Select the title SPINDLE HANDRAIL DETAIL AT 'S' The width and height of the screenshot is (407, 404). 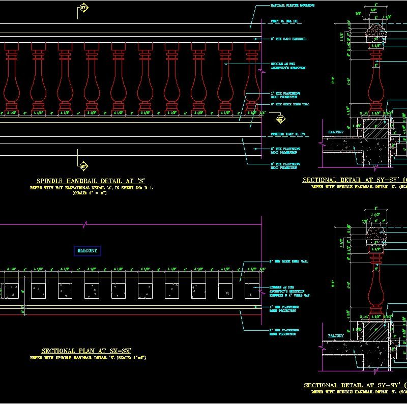(x=91, y=181)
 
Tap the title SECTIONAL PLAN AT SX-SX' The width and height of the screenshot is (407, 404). (x=86, y=351)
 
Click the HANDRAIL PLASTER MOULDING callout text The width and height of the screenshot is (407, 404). (x=292, y=5)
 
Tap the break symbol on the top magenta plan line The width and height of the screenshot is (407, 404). (x=86, y=223)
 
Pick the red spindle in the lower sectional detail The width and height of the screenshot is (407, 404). (x=376, y=285)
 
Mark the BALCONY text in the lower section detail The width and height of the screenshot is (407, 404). (x=336, y=336)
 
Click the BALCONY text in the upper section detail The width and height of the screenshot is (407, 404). (x=336, y=132)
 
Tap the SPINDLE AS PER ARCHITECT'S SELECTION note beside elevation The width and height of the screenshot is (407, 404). (x=287, y=66)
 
